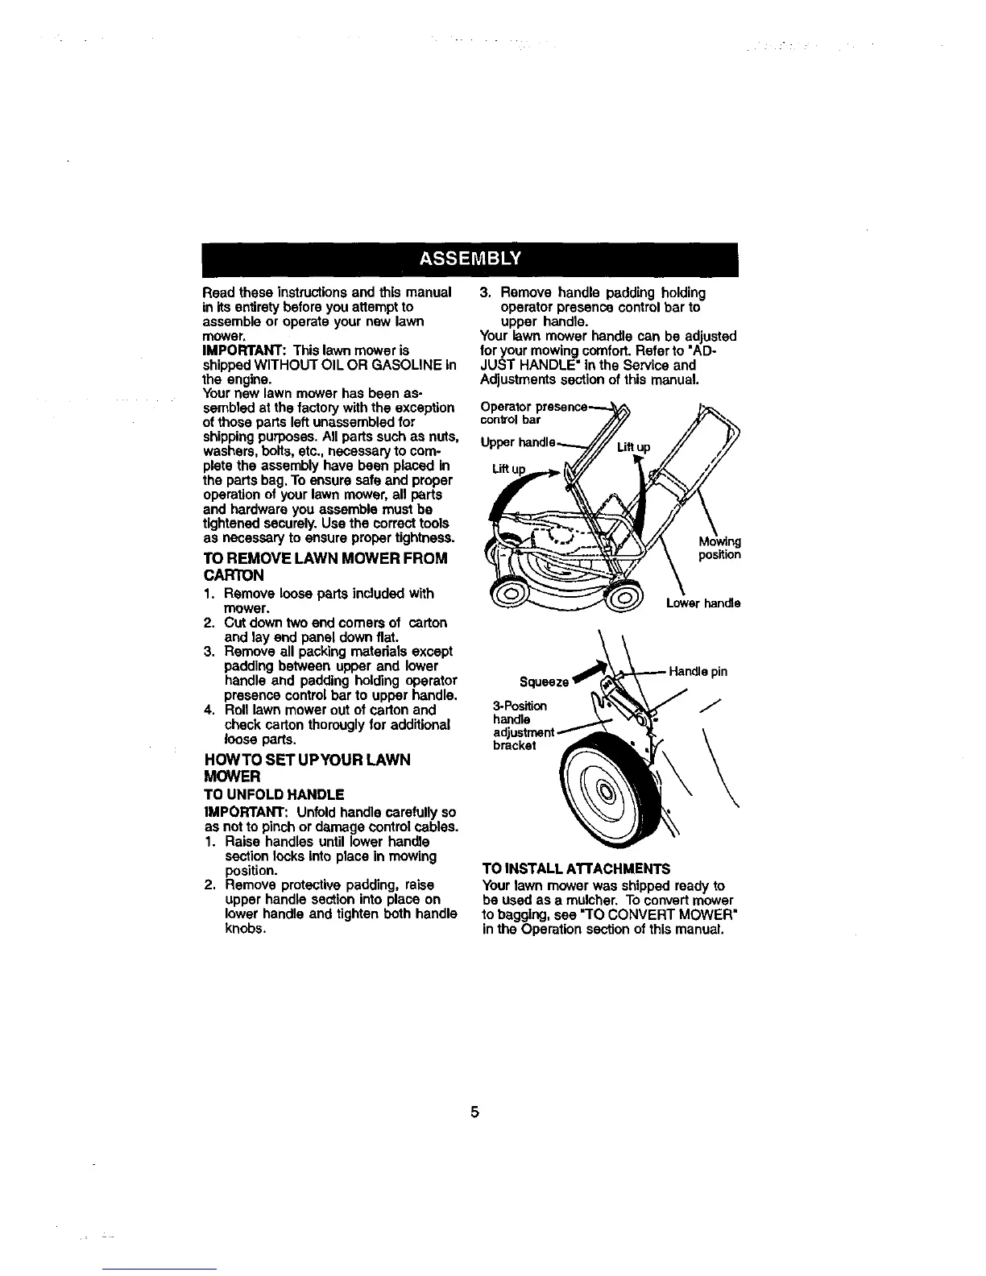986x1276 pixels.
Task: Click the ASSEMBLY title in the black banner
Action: (470, 259)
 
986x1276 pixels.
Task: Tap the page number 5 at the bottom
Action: (475, 1112)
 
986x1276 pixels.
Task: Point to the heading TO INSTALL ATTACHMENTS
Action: (575, 869)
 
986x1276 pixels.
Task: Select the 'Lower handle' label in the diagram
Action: (702, 603)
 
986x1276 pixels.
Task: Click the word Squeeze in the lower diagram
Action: (547, 683)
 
